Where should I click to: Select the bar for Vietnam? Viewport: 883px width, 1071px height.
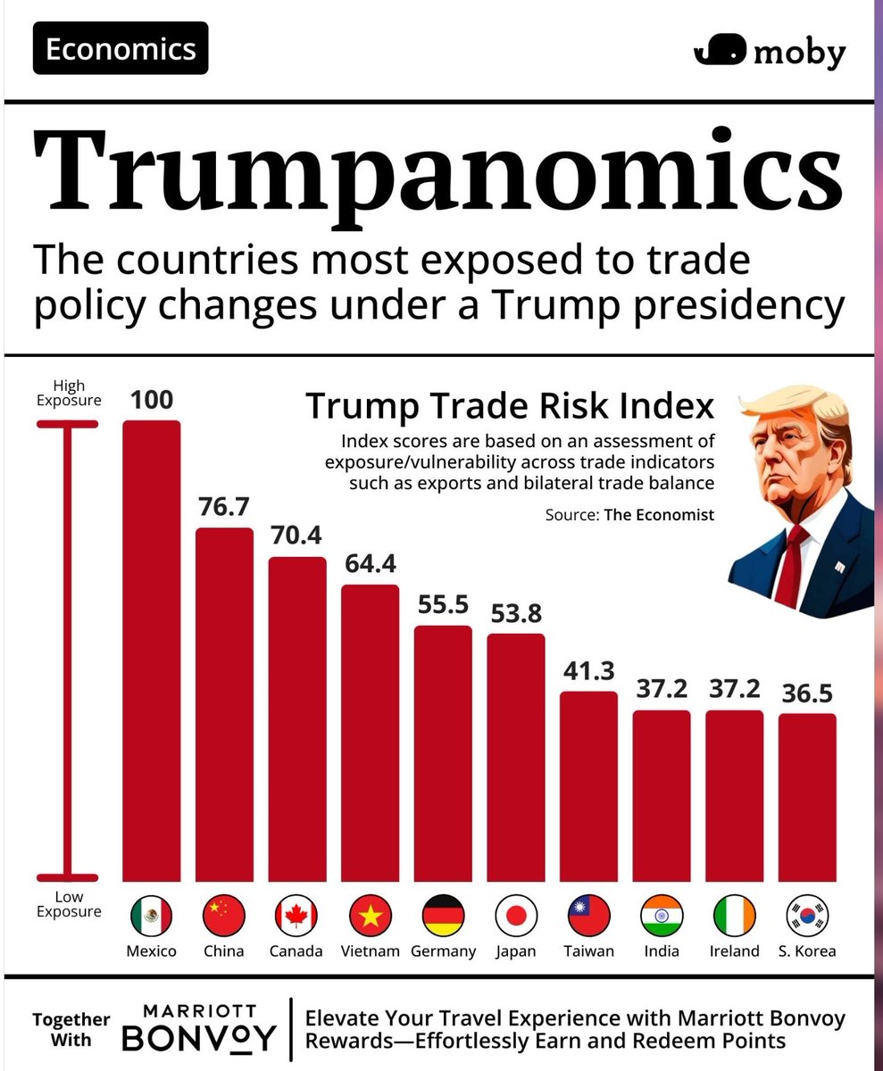[370, 732]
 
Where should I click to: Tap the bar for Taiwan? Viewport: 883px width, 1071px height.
[588, 785]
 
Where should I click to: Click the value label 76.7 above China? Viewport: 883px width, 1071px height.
[224, 507]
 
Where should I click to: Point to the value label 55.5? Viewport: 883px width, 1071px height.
[443, 604]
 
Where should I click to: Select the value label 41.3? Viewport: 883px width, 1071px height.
[588, 670]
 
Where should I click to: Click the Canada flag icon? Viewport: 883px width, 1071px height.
[296, 915]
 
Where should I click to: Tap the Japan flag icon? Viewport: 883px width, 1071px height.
[516, 915]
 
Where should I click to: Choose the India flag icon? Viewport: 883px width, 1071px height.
[662, 915]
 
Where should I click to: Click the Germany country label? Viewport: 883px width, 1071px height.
[443, 951]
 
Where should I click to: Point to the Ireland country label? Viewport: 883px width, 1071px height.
[734, 951]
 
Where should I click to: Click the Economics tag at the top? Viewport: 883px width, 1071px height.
[121, 49]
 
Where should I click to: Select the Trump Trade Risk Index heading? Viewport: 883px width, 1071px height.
[510, 406]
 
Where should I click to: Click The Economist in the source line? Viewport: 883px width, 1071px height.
[659, 515]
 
